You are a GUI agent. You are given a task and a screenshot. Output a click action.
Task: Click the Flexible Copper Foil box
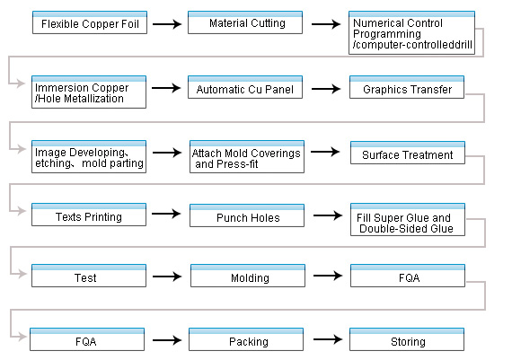click(x=90, y=22)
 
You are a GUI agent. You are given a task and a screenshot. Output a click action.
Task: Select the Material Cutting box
click(x=245, y=22)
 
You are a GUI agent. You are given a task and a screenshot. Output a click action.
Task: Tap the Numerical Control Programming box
click(x=411, y=32)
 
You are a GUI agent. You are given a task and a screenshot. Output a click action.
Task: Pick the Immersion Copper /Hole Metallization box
click(x=89, y=92)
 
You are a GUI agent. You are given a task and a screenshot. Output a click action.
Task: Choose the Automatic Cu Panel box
click(x=245, y=87)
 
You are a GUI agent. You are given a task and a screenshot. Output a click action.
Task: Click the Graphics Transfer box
click(x=407, y=87)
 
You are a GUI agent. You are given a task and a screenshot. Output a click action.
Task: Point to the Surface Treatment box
click(x=408, y=153)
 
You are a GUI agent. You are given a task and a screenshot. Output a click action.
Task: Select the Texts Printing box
click(x=89, y=215)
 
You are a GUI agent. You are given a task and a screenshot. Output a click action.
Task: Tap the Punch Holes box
click(x=247, y=215)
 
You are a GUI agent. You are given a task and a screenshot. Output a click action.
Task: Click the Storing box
click(x=407, y=339)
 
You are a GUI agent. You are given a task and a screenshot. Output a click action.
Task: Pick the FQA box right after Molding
click(x=408, y=276)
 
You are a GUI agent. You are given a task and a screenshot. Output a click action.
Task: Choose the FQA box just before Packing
click(x=87, y=339)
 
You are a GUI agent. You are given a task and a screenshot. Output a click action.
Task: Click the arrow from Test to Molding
click(x=167, y=277)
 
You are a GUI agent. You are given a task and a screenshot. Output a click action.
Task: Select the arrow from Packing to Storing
click(x=328, y=339)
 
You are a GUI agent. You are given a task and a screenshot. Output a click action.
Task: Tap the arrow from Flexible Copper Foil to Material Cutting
click(x=167, y=24)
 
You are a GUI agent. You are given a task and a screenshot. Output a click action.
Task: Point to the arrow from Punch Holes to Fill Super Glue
click(x=328, y=215)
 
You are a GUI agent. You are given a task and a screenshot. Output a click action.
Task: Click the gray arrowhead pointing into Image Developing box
click(x=22, y=149)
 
